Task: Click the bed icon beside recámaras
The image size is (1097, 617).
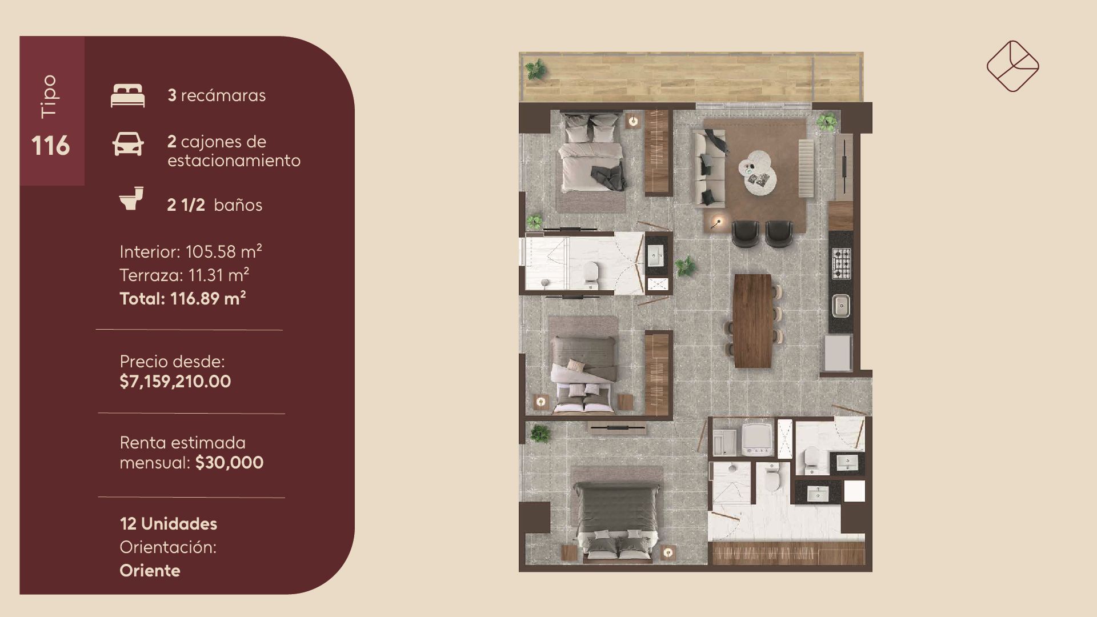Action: (127, 95)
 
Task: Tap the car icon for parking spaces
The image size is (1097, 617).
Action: (128, 144)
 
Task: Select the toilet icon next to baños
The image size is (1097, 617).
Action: (131, 198)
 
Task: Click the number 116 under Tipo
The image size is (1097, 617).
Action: (50, 146)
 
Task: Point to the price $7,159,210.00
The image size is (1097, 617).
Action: (175, 382)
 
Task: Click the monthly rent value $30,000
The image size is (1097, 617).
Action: (230, 463)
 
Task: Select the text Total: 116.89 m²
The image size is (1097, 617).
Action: (183, 298)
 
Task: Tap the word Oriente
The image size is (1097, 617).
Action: (150, 571)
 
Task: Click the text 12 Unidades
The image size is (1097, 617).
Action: (169, 524)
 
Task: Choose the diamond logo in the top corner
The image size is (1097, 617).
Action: (1013, 66)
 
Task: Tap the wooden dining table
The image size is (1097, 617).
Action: (753, 320)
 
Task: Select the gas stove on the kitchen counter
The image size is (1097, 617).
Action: (841, 264)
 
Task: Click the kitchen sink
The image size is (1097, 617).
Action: (841, 306)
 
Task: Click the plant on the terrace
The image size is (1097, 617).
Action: (536, 70)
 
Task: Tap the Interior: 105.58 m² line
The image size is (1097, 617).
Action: (191, 251)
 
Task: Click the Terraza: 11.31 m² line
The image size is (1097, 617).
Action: (184, 275)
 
